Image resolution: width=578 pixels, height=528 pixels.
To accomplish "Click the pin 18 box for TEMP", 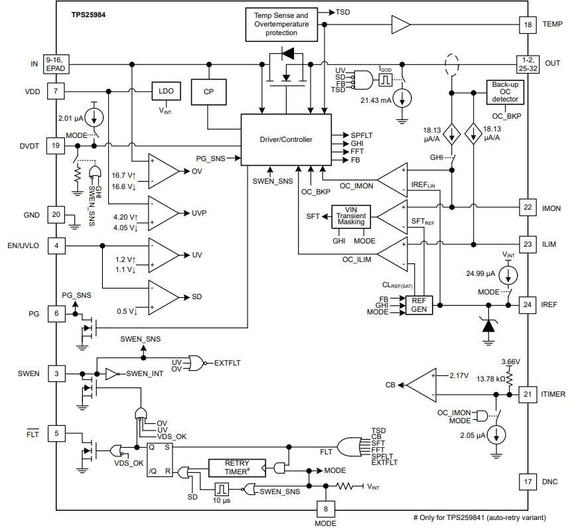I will (x=528, y=25).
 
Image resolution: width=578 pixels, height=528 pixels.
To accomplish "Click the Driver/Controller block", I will (x=285, y=139).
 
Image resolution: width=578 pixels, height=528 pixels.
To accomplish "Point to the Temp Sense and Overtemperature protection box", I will (x=281, y=23).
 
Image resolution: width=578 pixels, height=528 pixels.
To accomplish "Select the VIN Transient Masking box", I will (x=351, y=218).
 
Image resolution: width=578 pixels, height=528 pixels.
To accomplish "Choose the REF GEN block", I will (x=419, y=305).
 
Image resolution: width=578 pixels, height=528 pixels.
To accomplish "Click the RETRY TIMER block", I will (x=236, y=468).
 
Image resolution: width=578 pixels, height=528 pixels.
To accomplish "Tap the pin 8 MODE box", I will (x=325, y=509).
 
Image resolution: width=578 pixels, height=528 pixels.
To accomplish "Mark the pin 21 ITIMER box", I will (x=528, y=394).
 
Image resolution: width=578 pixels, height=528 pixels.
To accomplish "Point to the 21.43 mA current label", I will (x=376, y=99).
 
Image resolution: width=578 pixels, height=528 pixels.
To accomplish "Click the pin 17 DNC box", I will (x=528, y=480).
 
